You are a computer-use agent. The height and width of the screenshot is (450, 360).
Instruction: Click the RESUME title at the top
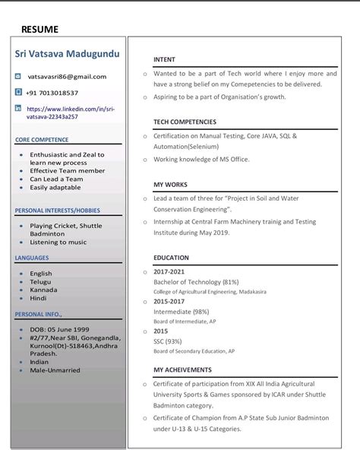point(39,30)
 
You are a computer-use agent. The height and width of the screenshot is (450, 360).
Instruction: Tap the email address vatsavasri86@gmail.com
point(67,76)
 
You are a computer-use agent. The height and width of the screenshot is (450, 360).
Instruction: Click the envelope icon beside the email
point(18,76)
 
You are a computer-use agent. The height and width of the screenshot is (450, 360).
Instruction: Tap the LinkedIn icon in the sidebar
point(18,109)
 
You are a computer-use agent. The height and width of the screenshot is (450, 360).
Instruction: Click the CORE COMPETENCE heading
point(42,140)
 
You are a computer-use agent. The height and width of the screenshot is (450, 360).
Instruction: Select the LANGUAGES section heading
point(32,258)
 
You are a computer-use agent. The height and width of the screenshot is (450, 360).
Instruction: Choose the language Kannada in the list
point(43,290)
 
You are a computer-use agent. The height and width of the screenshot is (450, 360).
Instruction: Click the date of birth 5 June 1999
point(66,330)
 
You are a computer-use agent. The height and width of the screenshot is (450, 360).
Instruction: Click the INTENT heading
point(164,59)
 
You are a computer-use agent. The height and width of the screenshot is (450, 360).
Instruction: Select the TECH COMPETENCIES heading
point(185,122)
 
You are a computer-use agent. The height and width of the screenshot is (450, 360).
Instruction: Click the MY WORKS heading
point(170,185)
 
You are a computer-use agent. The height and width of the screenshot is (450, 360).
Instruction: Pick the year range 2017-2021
point(169,271)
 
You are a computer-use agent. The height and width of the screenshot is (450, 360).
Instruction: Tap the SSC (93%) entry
point(167,341)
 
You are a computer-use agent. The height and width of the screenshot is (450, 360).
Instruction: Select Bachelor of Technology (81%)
point(196,281)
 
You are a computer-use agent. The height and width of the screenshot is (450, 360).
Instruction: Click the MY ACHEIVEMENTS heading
point(182,369)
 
